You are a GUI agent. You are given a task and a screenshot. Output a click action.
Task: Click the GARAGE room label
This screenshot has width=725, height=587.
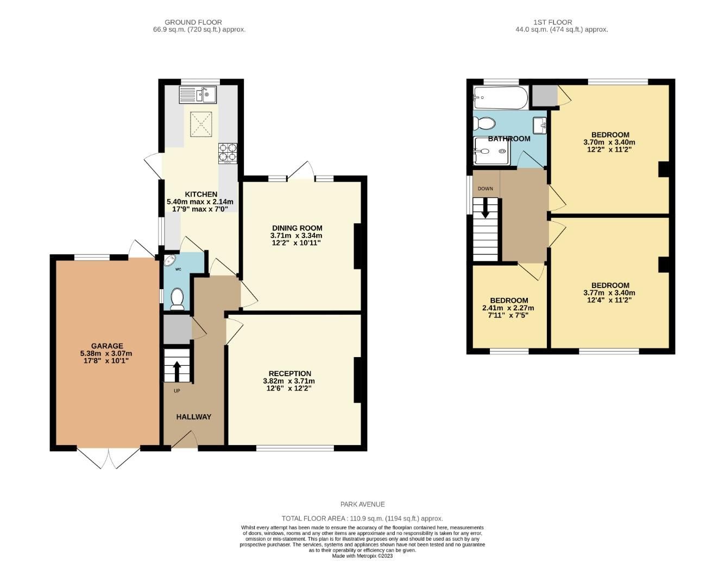tap(106, 346)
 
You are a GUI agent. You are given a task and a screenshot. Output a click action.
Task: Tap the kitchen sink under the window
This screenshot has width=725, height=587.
tap(198, 95)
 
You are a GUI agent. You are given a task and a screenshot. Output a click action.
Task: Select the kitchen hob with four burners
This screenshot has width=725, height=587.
tap(228, 153)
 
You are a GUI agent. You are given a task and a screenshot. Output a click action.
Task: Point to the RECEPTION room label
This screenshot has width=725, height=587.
tap(290, 373)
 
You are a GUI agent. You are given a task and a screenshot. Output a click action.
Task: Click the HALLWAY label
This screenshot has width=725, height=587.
tap(193, 417)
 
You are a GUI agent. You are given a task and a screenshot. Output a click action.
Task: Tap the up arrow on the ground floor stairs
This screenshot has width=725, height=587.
tap(176, 372)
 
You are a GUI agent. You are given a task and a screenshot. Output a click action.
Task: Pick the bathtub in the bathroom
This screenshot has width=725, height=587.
tap(500, 97)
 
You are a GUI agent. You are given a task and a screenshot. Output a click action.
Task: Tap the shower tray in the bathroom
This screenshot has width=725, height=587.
tap(491, 151)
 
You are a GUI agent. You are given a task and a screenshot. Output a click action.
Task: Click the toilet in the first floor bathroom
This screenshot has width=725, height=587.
tap(483, 123)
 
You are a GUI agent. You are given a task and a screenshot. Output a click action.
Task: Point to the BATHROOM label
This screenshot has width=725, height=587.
tap(509, 139)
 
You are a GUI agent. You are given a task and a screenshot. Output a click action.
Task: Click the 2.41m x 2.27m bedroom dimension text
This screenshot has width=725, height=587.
tap(508, 308)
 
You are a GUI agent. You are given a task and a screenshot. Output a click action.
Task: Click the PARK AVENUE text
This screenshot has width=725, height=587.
tap(362, 504)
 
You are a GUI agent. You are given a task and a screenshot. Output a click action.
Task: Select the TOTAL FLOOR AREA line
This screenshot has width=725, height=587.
tap(362, 519)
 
